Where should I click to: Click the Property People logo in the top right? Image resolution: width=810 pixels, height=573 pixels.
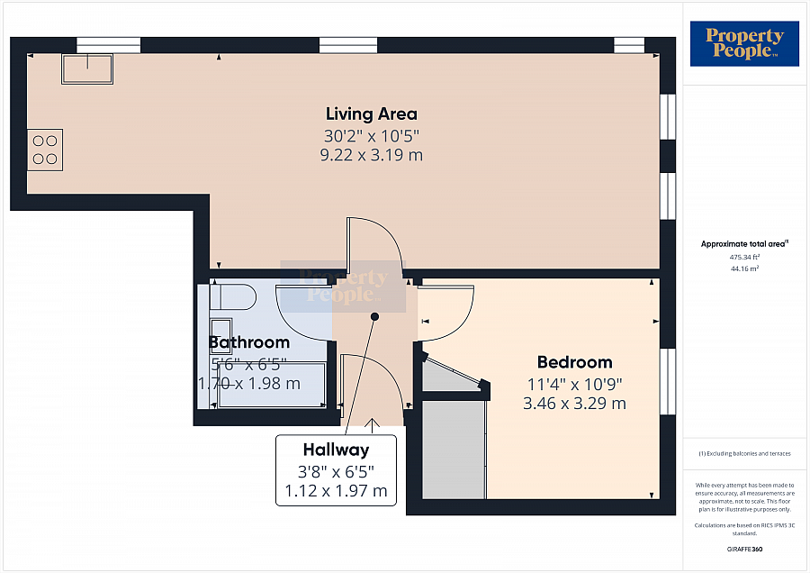point(743,43)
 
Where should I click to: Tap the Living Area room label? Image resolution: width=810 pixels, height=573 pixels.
point(372,114)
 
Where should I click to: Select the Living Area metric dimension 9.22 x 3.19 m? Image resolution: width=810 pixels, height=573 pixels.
point(372,155)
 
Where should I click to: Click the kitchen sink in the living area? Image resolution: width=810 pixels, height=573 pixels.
point(86,68)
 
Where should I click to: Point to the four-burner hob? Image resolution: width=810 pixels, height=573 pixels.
point(45,150)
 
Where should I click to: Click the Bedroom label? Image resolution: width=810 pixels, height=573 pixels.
point(574,362)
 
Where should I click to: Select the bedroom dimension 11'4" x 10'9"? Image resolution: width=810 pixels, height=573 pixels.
point(574,383)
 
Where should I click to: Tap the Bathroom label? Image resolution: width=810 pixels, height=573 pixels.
point(249,342)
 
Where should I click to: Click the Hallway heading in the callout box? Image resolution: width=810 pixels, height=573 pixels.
point(336,450)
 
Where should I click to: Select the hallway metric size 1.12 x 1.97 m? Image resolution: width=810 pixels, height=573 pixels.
point(336,491)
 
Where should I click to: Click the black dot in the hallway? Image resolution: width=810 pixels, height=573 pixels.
point(374,316)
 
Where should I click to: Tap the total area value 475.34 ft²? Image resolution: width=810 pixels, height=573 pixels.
point(745,258)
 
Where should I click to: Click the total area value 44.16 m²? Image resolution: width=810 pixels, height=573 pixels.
point(745,268)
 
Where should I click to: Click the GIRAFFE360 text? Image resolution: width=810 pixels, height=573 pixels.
point(744,548)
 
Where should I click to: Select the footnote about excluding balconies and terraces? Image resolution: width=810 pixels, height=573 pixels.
point(744,452)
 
